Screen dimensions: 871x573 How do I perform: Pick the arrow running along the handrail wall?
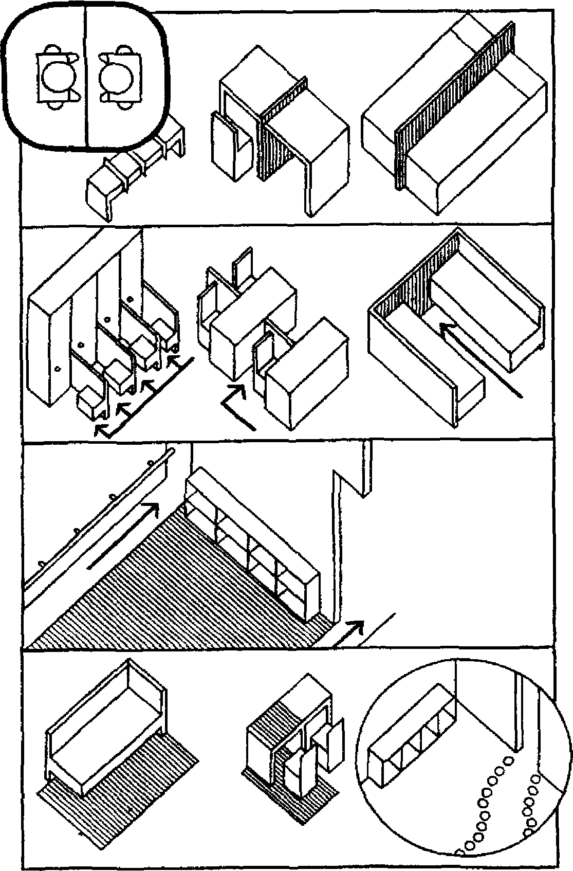pyautogui.click(x=123, y=535)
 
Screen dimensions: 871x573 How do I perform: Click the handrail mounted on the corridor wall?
pyautogui.click(x=98, y=519)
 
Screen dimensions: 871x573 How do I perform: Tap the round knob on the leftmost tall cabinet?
pyautogui.click(x=58, y=368)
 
